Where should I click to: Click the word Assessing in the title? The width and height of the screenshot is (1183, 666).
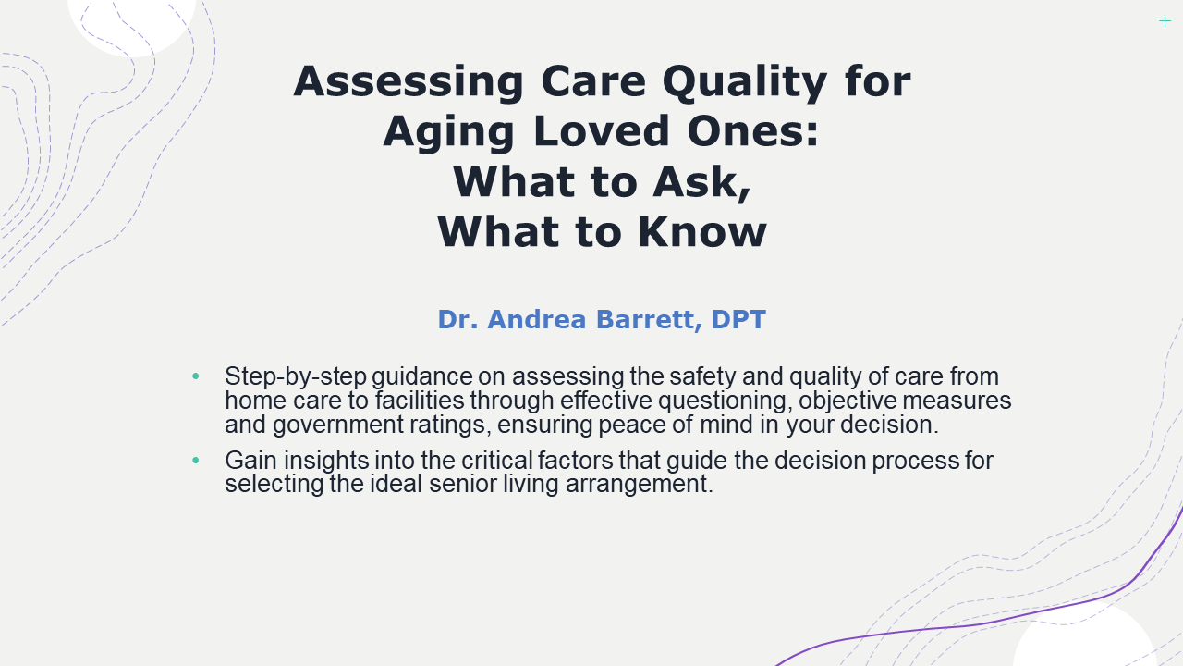coord(409,82)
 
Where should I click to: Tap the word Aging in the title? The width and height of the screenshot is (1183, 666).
coord(448,132)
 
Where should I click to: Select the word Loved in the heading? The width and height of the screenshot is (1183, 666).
coord(602,131)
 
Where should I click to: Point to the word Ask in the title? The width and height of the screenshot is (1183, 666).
coord(701,183)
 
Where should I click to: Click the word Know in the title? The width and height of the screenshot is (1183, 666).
coord(702,232)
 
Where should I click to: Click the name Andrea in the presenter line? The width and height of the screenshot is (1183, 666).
coord(537,319)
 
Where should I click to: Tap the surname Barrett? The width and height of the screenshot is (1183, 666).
coord(649,320)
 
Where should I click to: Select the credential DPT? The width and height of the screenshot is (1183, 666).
coord(738,319)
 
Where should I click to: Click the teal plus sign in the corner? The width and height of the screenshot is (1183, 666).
coord(1165,21)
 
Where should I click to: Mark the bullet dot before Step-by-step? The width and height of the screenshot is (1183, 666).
coord(195,376)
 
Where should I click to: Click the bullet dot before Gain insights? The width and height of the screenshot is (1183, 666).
coord(195,461)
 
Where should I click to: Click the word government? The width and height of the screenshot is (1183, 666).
coord(338,425)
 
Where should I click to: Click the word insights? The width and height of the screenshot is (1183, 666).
coord(326,461)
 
